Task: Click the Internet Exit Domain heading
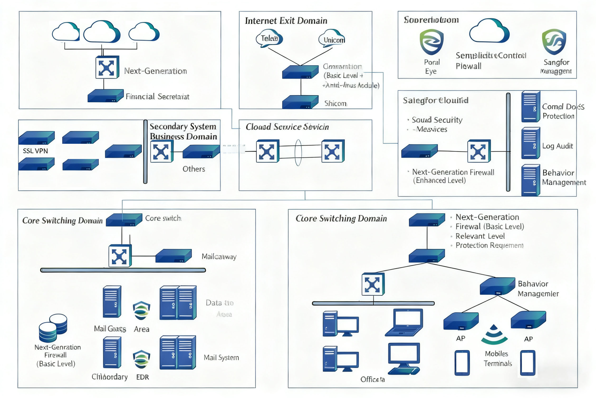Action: tap(286, 21)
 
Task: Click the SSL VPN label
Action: tap(35, 151)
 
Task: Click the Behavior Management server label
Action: tap(564, 178)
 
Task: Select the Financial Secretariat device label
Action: tap(157, 97)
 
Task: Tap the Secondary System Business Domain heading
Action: tap(183, 131)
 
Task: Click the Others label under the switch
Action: tap(194, 169)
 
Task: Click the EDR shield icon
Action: tap(141, 359)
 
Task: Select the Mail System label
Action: tap(221, 358)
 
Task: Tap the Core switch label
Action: tap(163, 218)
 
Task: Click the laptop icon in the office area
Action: tap(404, 322)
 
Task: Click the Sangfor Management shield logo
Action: tap(554, 42)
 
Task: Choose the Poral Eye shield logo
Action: tap(432, 42)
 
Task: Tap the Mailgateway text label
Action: tap(219, 257)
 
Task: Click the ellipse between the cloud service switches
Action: tap(298, 153)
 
